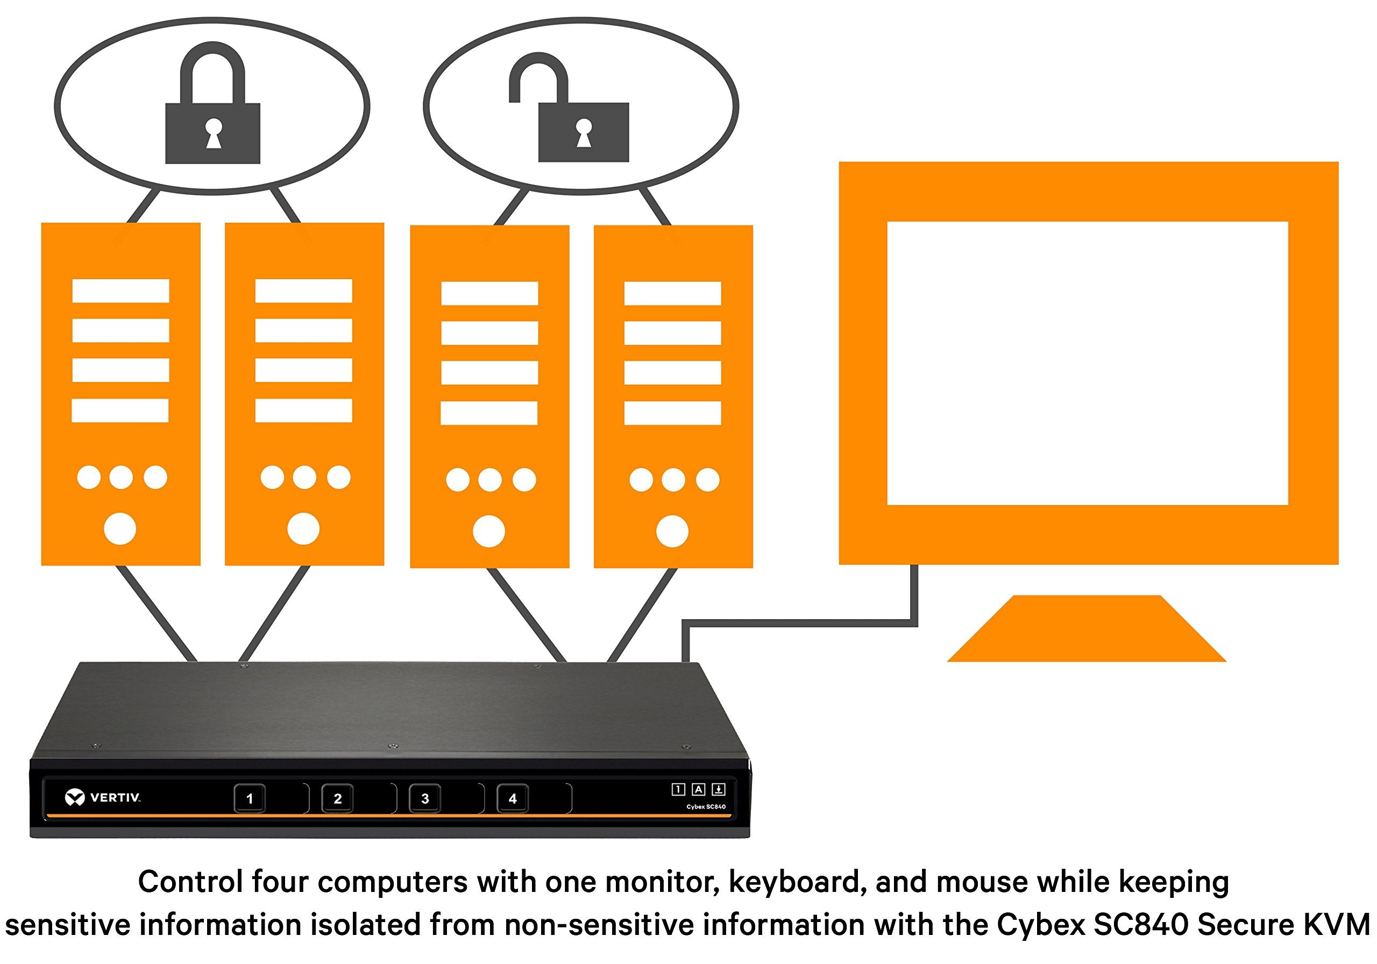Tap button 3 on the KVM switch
(424, 798)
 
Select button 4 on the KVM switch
(512, 798)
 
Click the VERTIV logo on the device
(103, 798)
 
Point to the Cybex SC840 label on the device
(706, 807)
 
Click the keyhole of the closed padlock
(213, 132)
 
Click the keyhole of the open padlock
(584, 132)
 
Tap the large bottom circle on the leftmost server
(120, 528)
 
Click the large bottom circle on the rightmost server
(672, 531)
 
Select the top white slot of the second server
(303, 291)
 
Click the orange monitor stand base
(1086, 629)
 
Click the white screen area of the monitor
(1087, 363)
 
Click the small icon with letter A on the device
(698, 789)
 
